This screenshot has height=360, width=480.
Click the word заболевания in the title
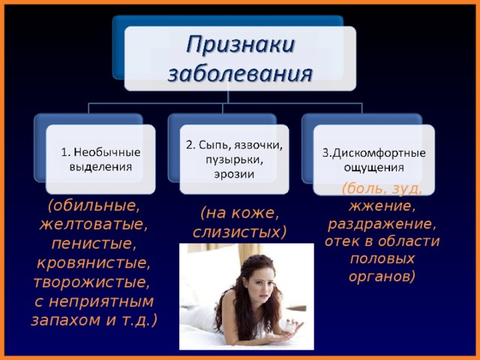pyautogui.click(x=240, y=73)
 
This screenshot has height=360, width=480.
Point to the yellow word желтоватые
pyautogui.click(x=94, y=223)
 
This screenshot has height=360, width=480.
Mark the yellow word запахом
pyautogui.click(x=66, y=320)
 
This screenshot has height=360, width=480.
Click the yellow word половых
pyautogui.click(x=382, y=259)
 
